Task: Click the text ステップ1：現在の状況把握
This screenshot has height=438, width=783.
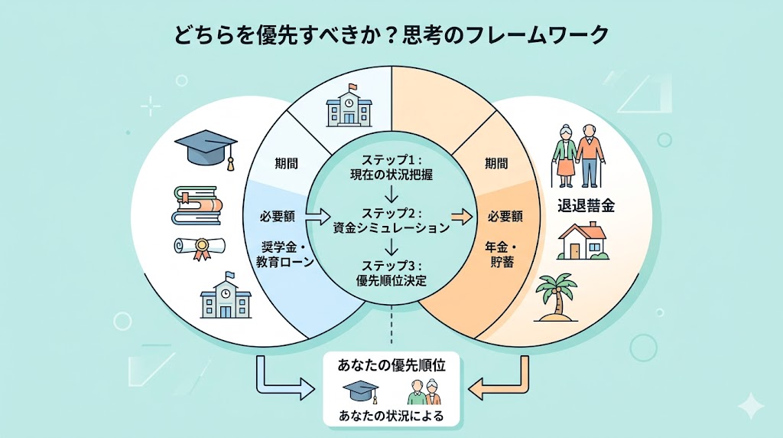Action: (x=389, y=167)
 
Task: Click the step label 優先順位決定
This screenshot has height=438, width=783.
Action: (x=391, y=280)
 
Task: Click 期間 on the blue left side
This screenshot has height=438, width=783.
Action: (x=288, y=163)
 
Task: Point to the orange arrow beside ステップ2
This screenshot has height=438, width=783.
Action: (x=461, y=217)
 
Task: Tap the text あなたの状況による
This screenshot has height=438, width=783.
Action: (x=391, y=417)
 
